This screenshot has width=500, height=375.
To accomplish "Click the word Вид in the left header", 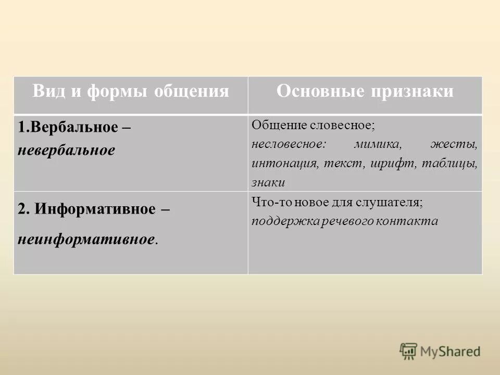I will coord(48,92).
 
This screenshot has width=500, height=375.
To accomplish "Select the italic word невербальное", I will coord(66,151).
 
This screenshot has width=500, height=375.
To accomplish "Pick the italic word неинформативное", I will coord(86,240).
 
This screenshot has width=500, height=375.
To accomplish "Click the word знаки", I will coord(268,182).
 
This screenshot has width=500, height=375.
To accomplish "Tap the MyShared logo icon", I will coord(408,351).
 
